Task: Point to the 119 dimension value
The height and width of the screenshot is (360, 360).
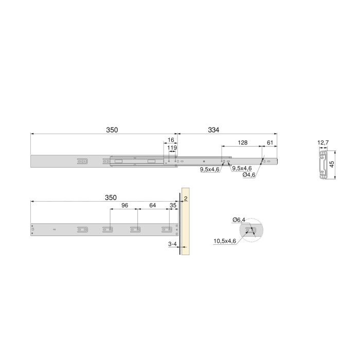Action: (x=172, y=148)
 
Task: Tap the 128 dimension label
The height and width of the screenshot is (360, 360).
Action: (x=243, y=142)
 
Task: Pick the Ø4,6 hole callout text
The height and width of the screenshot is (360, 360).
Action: (x=249, y=175)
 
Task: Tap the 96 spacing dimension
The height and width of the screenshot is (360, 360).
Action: (x=124, y=205)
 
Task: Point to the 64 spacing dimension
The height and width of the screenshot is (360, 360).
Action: (x=153, y=205)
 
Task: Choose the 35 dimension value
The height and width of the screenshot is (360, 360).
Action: (x=173, y=205)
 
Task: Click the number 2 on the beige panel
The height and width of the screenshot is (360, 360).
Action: (x=185, y=198)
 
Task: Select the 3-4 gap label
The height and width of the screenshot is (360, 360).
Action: (x=173, y=245)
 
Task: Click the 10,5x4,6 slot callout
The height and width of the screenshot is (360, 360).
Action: (x=225, y=240)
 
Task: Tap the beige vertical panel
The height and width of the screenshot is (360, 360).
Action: (x=185, y=226)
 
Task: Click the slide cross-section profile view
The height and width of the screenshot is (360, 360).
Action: (x=323, y=165)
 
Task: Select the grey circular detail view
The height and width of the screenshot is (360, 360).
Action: (x=251, y=231)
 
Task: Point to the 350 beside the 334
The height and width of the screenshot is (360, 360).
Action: (x=112, y=130)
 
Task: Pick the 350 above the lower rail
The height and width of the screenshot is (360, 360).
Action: (x=111, y=197)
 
